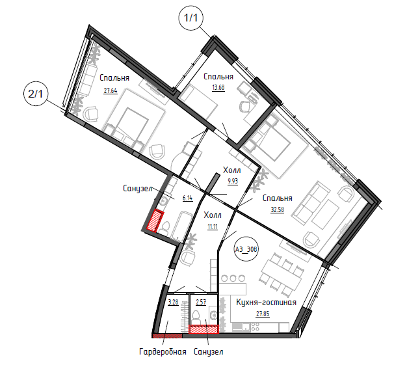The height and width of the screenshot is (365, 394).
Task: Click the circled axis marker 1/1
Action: (190, 18)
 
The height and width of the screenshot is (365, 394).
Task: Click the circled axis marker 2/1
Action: (36, 94)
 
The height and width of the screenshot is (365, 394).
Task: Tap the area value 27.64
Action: (111, 90)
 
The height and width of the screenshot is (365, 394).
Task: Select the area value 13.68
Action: (218, 88)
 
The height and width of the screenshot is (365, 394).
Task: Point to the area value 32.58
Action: (277, 210)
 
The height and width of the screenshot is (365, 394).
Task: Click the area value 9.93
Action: (233, 182)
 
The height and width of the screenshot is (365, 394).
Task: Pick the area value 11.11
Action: (213, 226)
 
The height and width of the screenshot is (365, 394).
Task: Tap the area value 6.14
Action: (188, 198)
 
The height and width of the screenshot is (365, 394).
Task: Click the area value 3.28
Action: (173, 302)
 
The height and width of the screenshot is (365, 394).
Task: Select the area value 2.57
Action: (201, 302)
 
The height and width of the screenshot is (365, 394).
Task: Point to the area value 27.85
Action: (263, 314)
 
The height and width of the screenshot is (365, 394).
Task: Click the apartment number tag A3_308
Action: (246, 249)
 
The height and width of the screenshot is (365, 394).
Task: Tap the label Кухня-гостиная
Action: (266, 302)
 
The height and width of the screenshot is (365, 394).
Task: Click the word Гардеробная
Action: (163, 351)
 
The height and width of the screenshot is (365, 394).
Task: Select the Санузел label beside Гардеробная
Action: (208, 351)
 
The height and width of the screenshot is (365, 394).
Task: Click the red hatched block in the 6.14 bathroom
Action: (155, 221)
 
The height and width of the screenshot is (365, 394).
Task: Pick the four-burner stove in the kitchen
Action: (255, 327)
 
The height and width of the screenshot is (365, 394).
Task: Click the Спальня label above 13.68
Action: (218, 76)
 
